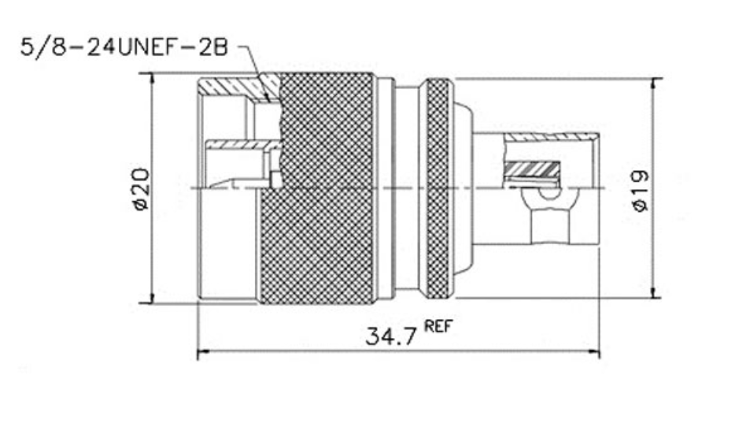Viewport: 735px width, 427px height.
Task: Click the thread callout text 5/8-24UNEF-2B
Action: coord(124,47)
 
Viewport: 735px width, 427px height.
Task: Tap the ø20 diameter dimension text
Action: coord(141,189)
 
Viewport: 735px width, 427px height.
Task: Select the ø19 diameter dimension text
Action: coord(641,191)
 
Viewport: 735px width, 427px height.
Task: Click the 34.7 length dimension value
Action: coord(390,336)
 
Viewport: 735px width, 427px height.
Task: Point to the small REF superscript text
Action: coord(438,326)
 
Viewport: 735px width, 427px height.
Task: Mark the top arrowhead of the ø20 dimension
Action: coord(151,79)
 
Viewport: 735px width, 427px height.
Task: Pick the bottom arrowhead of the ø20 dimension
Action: coord(151,296)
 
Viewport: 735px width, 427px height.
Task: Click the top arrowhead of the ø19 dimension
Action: coord(656,84)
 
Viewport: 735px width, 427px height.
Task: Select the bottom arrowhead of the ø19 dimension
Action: coord(656,291)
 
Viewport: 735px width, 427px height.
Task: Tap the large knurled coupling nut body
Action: coord(317,189)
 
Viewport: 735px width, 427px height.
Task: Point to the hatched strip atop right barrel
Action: coord(551,138)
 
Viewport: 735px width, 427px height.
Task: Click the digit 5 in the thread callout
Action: coord(28,47)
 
